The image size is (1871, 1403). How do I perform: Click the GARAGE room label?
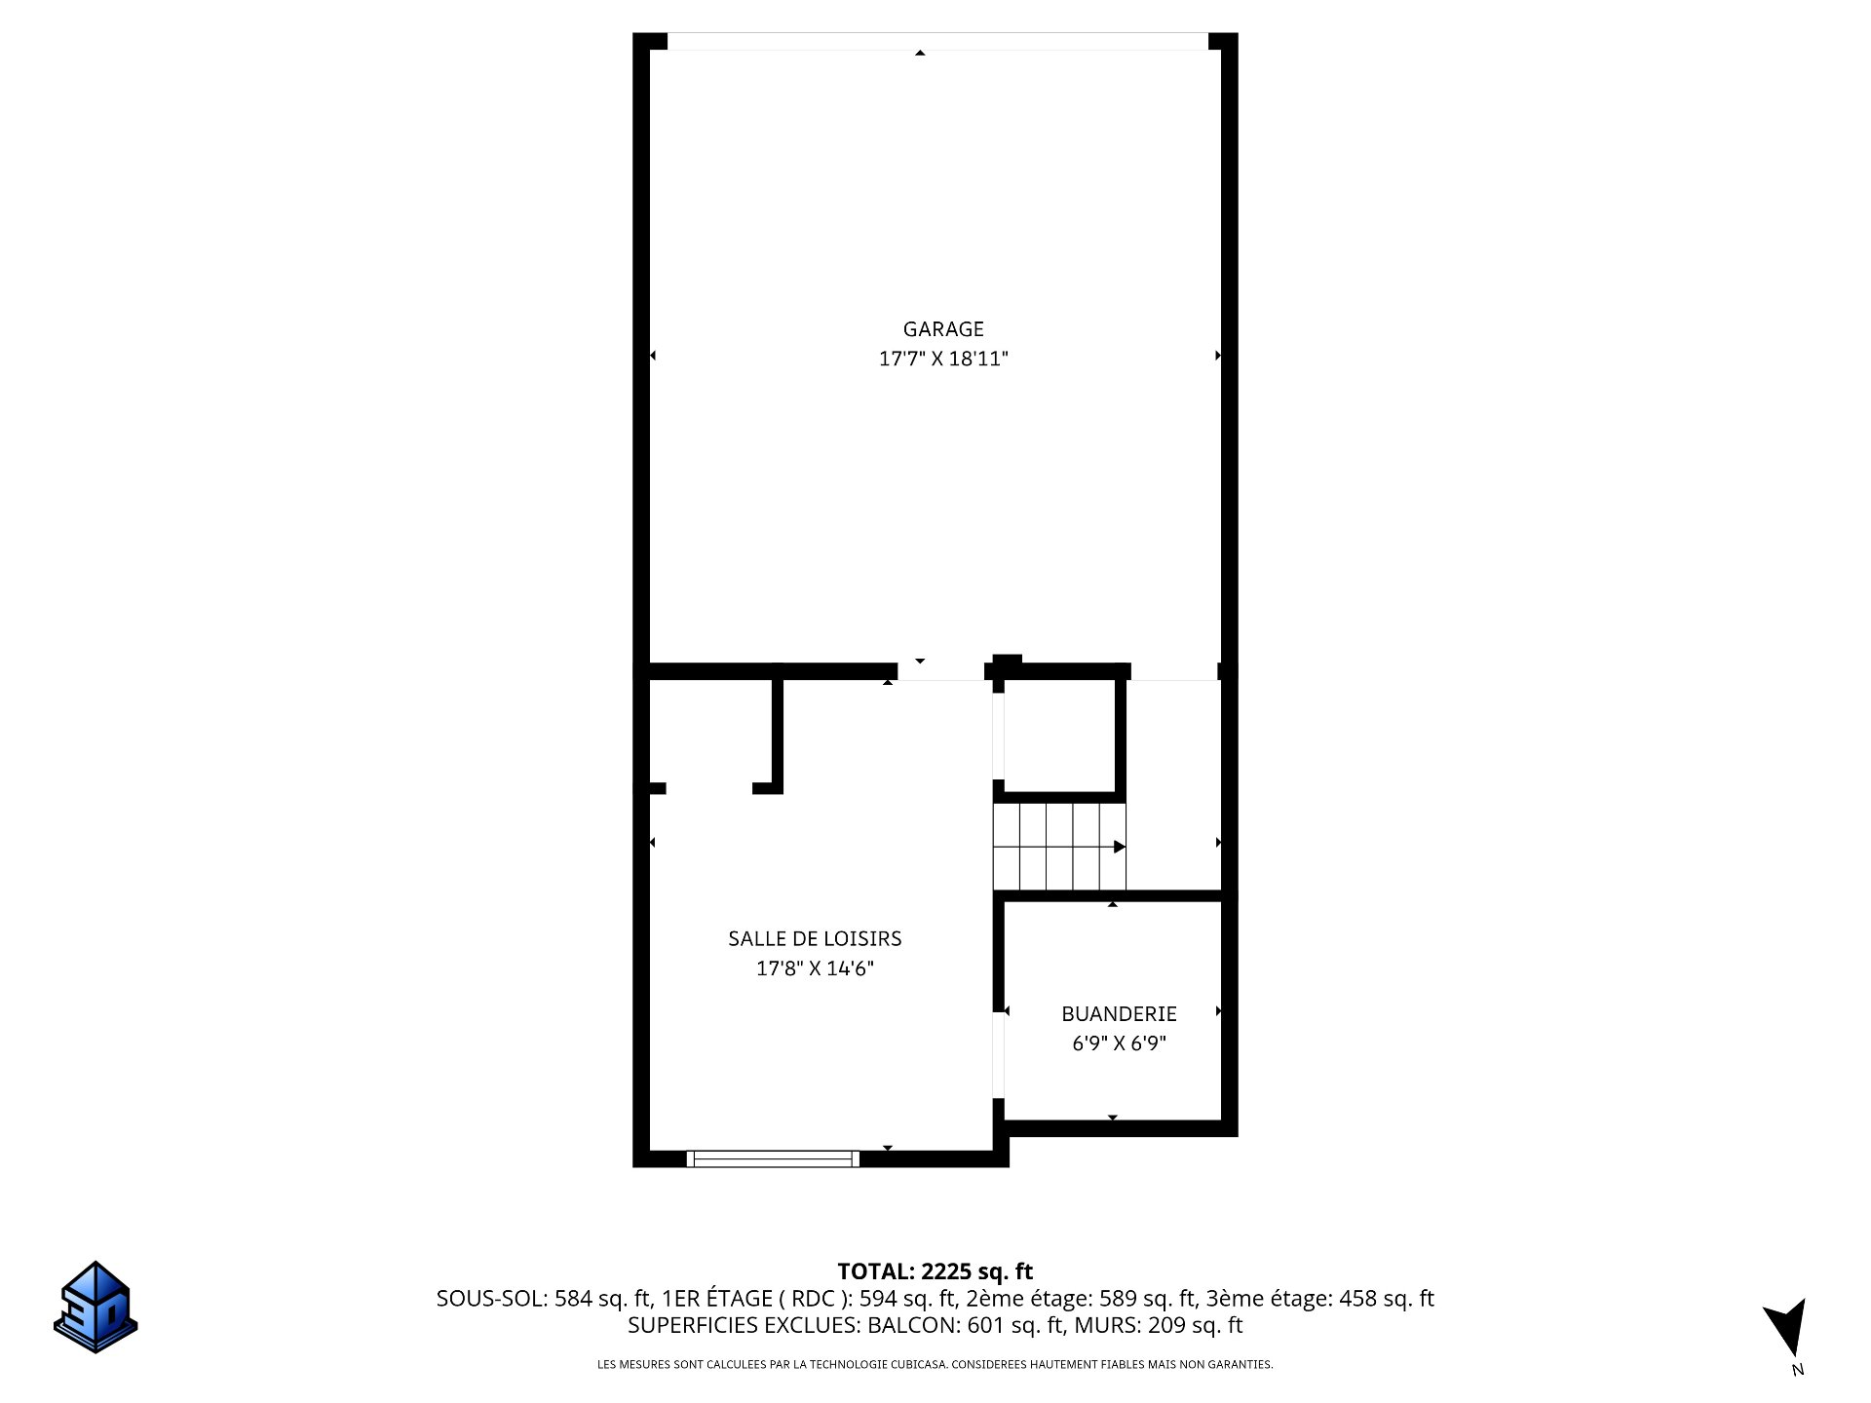(943, 329)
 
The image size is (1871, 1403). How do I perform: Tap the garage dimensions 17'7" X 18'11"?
(943, 359)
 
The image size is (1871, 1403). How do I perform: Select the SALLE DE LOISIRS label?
(815, 938)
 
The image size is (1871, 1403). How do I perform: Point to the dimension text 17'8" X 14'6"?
(815, 968)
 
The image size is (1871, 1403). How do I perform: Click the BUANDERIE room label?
(1119, 1013)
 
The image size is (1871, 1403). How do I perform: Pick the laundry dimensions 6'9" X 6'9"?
(1119, 1043)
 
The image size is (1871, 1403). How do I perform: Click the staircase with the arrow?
(1059, 846)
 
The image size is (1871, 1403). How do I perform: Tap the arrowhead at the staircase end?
(1120, 847)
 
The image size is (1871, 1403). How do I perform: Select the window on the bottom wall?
(773, 1158)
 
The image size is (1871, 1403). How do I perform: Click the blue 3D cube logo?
(95, 1307)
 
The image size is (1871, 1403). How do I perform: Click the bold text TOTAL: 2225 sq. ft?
(935, 1271)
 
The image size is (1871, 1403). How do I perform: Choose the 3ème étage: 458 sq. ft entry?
(1320, 1299)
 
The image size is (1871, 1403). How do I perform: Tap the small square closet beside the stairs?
(1059, 736)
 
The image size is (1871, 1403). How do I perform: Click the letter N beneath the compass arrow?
(1798, 1370)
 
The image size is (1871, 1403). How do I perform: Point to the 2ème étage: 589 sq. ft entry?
(1081, 1299)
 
